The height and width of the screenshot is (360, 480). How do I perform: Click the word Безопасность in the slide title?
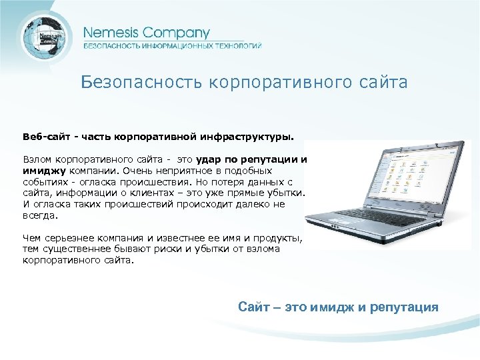(x=141, y=83)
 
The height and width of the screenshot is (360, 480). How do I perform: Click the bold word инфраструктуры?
(x=256, y=137)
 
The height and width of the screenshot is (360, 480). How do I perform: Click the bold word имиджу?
(x=45, y=171)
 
